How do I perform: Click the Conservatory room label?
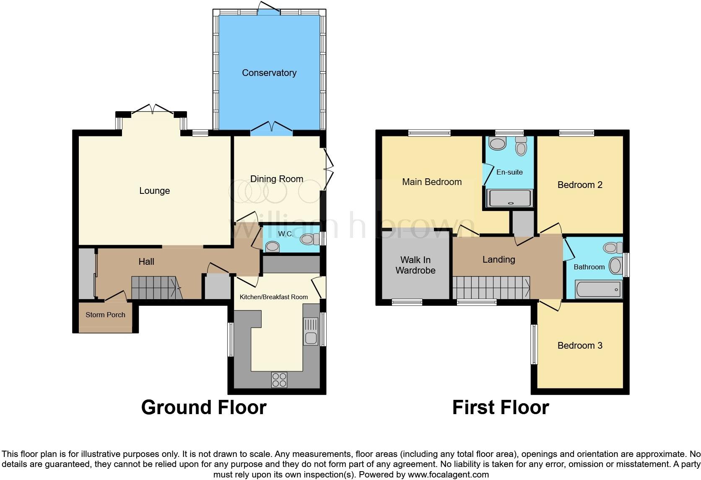pyautogui.click(x=269, y=73)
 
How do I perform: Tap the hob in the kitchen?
pyautogui.click(x=279, y=380)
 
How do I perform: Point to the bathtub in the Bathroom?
pyautogui.click(x=598, y=290)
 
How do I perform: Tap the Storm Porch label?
pyautogui.click(x=105, y=315)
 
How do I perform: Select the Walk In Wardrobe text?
pyautogui.click(x=415, y=265)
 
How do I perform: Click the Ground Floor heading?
pyautogui.click(x=204, y=407)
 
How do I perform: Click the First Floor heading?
pyautogui.click(x=501, y=407)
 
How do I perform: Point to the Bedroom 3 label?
pyautogui.click(x=580, y=346)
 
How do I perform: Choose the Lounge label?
pyautogui.click(x=154, y=191)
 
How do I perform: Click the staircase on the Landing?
pyautogui.click(x=491, y=287)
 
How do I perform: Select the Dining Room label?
pyautogui.click(x=277, y=179)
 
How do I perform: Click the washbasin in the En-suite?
pyautogui.click(x=498, y=144)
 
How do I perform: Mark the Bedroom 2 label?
pyautogui.click(x=580, y=185)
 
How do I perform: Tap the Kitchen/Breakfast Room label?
pyautogui.click(x=273, y=297)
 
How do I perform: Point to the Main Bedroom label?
pyautogui.click(x=432, y=182)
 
